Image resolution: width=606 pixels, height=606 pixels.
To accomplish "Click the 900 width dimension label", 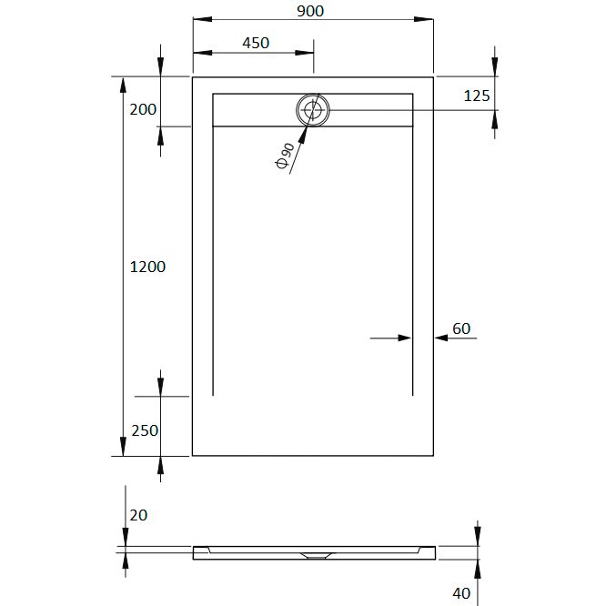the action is click(310, 11).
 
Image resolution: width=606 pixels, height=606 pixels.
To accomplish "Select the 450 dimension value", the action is click(256, 43).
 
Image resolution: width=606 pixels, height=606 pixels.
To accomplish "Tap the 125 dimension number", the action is click(477, 96).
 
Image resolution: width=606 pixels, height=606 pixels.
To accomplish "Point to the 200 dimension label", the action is click(143, 109).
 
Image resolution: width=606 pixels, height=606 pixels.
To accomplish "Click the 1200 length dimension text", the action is click(147, 267).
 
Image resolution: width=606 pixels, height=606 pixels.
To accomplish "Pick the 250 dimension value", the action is click(145, 430).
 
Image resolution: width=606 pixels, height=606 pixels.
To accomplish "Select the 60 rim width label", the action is click(461, 328).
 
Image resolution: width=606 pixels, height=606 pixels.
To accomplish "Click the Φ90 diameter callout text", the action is click(285, 156).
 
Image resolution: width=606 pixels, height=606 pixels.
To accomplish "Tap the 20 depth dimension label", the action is click(138, 515).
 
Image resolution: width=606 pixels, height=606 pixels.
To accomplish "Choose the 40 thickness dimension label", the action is click(461, 593).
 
